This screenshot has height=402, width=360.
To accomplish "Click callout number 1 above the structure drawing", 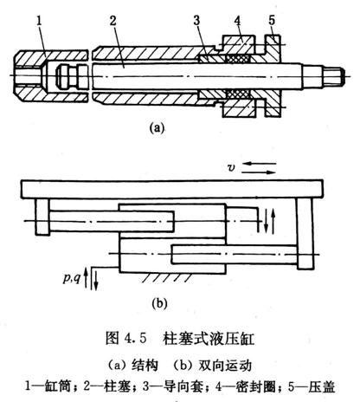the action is (x=40, y=21).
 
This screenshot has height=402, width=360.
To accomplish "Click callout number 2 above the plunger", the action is (x=113, y=21).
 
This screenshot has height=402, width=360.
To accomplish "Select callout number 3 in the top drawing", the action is (x=196, y=21).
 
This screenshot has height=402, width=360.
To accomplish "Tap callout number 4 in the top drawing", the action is (x=238, y=21).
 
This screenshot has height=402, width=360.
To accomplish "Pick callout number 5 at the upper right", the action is (x=272, y=20).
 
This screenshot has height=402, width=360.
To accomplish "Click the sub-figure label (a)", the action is (x=157, y=127).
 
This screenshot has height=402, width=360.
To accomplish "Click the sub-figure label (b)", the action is (x=159, y=303).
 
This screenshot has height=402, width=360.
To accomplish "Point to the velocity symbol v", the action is (x=231, y=168).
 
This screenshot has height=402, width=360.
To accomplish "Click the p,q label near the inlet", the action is (x=72, y=278).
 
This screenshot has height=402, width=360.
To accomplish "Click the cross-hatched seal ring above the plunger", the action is (x=236, y=60).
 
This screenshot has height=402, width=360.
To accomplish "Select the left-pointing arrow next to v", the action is (x=259, y=164).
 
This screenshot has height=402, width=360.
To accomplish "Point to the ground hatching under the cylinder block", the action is (x=166, y=277).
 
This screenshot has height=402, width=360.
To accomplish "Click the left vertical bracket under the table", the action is (x=42, y=217).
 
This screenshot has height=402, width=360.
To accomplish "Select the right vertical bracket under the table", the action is (x=305, y=234).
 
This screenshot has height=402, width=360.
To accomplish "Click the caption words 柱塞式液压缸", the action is (x=209, y=339).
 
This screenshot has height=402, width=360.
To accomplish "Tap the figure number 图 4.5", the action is (x=126, y=339).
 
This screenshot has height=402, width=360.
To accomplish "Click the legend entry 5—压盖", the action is (x=312, y=386).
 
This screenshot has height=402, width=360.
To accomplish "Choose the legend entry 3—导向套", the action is (x=173, y=386).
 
